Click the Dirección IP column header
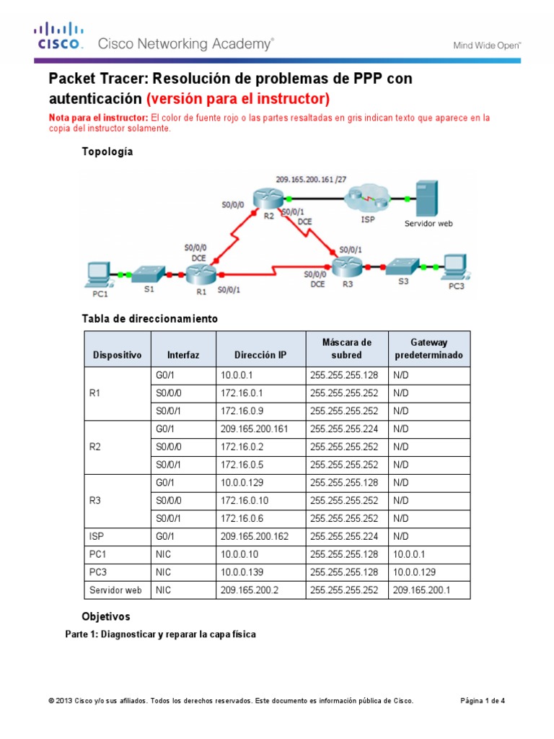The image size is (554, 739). click(x=255, y=356)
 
